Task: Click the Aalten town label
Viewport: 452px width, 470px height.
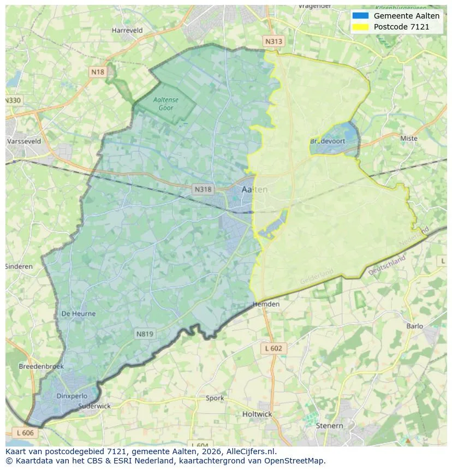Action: [x=254, y=190]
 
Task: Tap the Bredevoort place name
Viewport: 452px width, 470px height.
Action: [x=328, y=141]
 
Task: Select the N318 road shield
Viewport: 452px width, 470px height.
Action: [x=203, y=189]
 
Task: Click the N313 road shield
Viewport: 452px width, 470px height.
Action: [x=273, y=41]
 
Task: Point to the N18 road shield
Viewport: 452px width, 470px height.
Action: [x=98, y=72]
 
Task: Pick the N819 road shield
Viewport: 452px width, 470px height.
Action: [x=145, y=334]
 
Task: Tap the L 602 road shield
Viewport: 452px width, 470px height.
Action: [x=273, y=348]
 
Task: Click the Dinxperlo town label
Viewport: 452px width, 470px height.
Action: [x=72, y=396]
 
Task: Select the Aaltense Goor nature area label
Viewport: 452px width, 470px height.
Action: [x=165, y=104]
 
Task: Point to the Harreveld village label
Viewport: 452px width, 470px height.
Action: [x=127, y=31]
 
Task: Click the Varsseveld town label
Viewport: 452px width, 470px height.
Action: [x=24, y=141]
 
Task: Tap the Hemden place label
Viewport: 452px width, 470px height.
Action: [x=266, y=304]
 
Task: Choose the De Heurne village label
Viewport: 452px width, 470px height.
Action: [x=79, y=314]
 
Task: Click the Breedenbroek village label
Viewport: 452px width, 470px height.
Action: [x=41, y=366]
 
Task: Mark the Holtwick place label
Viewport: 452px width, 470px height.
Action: [x=257, y=414]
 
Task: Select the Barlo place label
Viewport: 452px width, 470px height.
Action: [x=414, y=326]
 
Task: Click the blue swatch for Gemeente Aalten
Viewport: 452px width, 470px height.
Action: [x=360, y=16]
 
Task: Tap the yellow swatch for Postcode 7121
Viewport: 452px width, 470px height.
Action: [x=360, y=27]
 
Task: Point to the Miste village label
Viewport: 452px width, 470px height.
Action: [x=408, y=139]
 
